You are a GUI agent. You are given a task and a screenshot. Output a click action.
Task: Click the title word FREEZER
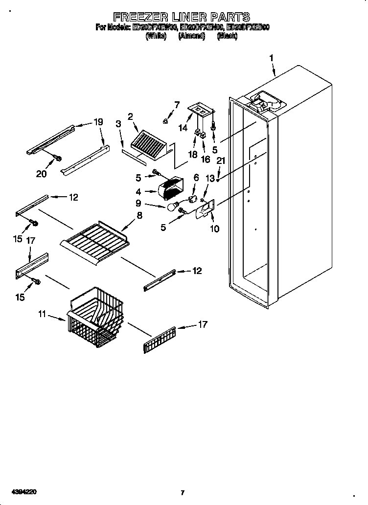(x=138, y=18)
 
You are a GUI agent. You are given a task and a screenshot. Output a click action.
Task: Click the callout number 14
(x=183, y=128)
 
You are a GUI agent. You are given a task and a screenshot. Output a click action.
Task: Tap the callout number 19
(x=98, y=122)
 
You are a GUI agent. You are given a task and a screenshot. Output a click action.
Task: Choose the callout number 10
(x=214, y=229)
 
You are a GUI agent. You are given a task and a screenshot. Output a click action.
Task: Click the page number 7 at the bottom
(x=182, y=492)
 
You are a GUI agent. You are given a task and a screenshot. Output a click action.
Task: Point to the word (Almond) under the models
(x=191, y=36)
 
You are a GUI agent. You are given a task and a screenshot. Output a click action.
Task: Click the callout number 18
(x=192, y=155)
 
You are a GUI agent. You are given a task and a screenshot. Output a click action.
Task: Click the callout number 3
(x=118, y=124)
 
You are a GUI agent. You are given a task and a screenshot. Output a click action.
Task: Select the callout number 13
(x=210, y=179)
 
